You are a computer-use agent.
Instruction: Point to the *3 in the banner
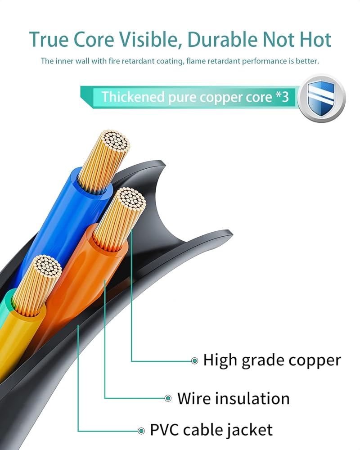[281, 97]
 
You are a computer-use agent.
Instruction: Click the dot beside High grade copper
[194, 360]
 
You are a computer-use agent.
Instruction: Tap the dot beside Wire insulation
[168, 398]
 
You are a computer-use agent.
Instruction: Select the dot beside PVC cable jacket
[141, 430]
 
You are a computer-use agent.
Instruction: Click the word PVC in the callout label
[166, 429]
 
